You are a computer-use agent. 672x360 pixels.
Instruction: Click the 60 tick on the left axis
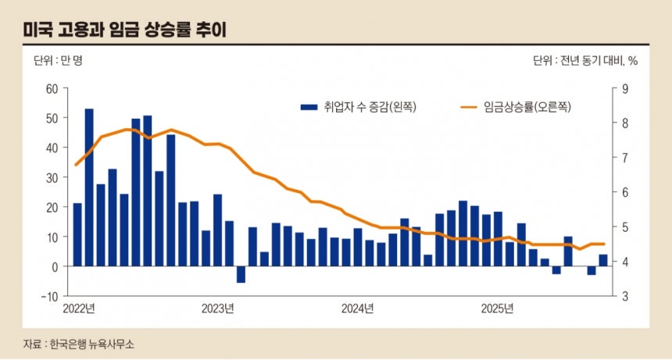[x=53, y=88]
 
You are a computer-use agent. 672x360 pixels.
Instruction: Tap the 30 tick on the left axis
[x=53, y=177]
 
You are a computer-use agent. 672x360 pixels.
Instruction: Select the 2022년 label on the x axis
[x=79, y=308]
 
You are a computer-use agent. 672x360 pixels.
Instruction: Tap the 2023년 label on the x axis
[x=218, y=308]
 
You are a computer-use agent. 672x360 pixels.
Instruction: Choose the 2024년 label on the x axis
[x=358, y=308]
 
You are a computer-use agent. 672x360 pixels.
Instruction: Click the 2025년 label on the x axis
[x=498, y=308]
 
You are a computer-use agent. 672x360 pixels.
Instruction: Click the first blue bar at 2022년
[x=77, y=234]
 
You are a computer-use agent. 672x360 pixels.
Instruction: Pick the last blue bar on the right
[x=603, y=261]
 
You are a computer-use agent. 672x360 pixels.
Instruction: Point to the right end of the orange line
[x=604, y=244]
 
